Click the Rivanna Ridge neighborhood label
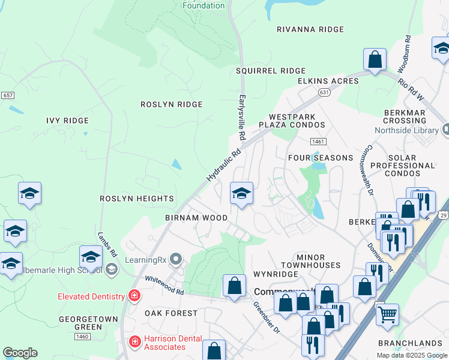[310, 29]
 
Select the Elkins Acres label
[328, 81]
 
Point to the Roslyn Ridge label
[172, 104]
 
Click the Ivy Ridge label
[68, 121]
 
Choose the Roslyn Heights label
[137, 199]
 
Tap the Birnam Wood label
[196, 218]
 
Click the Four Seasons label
[321, 158]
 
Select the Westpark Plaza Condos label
[297, 121]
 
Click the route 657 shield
[8, 95]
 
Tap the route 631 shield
[324, 92]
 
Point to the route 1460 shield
[82, 337]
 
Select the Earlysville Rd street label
[243, 113]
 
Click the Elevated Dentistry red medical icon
[134, 296]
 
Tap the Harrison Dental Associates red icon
[136, 342]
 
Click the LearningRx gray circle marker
[175, 259]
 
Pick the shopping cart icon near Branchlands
[387, 313]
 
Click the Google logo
[20, 353]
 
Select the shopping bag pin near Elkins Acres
[375, 60]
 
